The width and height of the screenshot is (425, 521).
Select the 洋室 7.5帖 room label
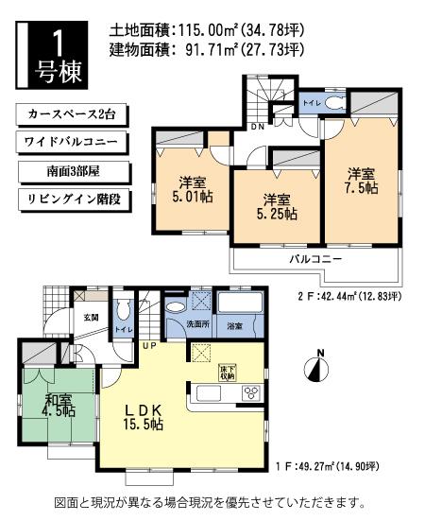(360, 181)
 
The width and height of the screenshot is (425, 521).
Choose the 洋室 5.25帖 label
(276, 206)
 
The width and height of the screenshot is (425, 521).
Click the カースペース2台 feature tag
(71, 115)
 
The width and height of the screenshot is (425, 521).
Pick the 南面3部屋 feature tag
(71, 172)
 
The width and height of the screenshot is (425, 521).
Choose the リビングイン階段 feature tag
(71, 200)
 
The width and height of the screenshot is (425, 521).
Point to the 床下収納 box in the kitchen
(228, 371)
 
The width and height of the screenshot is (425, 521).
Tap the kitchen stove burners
(251, 392)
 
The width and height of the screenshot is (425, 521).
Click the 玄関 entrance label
(91, 318)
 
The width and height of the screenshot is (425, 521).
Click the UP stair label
(149, 345)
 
